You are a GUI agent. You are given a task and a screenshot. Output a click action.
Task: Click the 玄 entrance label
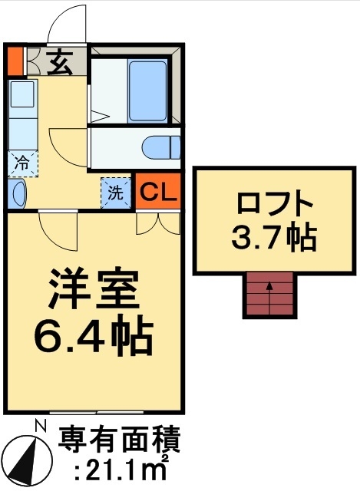(61, 61)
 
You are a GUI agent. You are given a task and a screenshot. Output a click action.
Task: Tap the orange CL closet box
(158, 192)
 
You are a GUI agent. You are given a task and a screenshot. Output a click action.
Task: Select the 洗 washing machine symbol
(115, 193)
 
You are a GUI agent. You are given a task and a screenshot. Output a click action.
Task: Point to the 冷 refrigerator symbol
(23, 163)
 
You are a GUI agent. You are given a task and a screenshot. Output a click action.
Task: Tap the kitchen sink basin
(22, 95)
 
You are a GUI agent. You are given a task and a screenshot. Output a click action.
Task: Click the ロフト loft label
(274, 206)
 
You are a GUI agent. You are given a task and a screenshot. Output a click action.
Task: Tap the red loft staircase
(269, 295)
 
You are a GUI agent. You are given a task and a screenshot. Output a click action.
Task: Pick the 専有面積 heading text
(120, 441)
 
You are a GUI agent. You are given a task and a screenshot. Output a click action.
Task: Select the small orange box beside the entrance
(15, 61)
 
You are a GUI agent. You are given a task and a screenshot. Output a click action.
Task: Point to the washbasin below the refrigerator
(19, 193)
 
